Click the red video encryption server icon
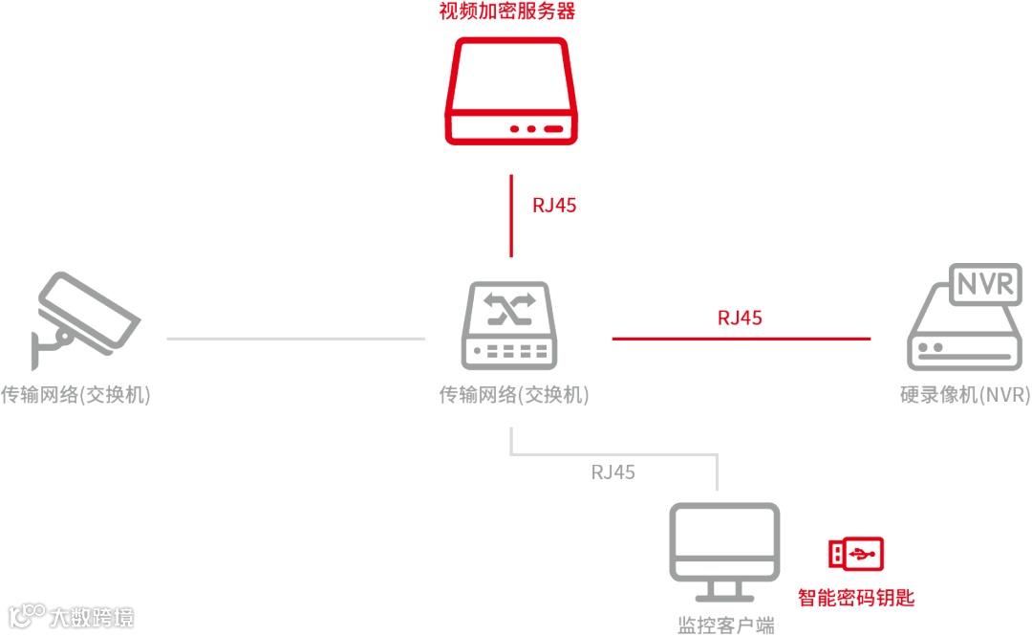(x=511, y=92)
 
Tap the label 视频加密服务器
(x=507, y=12)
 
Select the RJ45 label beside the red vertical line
(x=554, y=205)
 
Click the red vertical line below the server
(x=511, y=216)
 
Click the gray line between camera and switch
(x=295, y=339)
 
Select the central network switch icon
(x=510, y=326)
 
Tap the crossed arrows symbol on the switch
(x=509, y=309)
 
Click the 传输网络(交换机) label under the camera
(x=75, y=395)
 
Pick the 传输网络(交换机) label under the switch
(x=514, y=395)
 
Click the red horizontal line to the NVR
(x=741, y=339)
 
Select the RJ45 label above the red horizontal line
(x=740, y=318)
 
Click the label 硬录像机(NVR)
(x=965, y=395)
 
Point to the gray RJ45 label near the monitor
(x=613, y=472)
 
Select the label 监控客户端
(x=725, y=625)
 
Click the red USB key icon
(x=855, y=554)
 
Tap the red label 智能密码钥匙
(x=856, y=599)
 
